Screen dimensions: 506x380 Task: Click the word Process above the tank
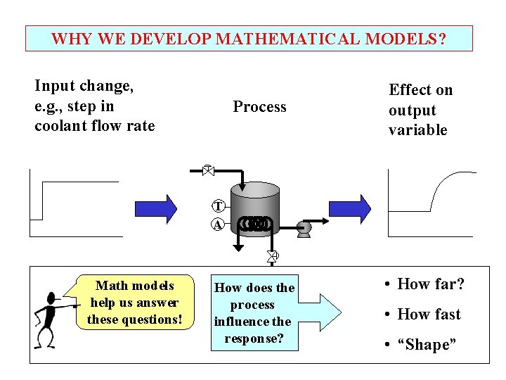point(259,107)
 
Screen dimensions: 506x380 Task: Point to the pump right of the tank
point(304,227)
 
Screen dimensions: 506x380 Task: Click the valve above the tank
point(207,170)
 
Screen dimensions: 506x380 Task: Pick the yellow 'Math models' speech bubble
point(134,303)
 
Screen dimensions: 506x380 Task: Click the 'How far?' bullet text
point(431,284)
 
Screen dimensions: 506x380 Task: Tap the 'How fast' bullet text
point(429,315)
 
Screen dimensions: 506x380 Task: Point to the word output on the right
point(413,110)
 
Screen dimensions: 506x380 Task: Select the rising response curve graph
point(430,194)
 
